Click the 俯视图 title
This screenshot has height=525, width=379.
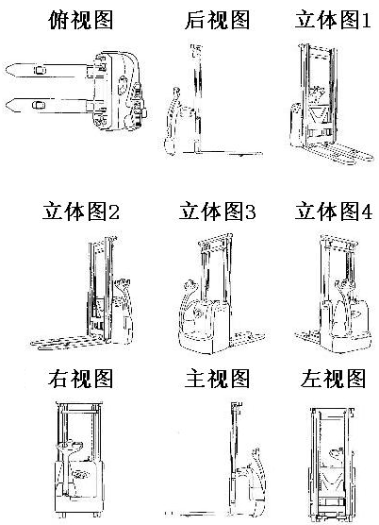[80, 20]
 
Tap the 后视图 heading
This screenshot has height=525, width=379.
[217, 20]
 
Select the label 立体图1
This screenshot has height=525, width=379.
[333, 20]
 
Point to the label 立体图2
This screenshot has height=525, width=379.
[80, 211]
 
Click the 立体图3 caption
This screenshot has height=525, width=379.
[217, 211]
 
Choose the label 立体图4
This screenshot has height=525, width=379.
[334, 211]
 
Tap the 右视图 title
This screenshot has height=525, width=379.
[80, 379]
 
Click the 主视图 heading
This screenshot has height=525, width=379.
[217, 379]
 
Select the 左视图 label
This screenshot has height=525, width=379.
[333, 379]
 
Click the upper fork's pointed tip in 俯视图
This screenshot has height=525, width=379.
[6, 70]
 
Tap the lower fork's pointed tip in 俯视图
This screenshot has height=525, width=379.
[6, 106]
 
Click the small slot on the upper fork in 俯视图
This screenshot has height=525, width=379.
[40, 70]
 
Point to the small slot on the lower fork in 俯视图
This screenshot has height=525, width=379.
[39, 105]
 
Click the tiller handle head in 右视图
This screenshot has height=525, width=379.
[70, 446]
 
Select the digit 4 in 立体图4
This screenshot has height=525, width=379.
[368, 212]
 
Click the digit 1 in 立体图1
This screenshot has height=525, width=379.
[367, 20]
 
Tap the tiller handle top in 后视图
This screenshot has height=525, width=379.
[175, 92]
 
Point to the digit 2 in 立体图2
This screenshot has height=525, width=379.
[114, 212]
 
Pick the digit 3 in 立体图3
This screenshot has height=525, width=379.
[251, 212]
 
